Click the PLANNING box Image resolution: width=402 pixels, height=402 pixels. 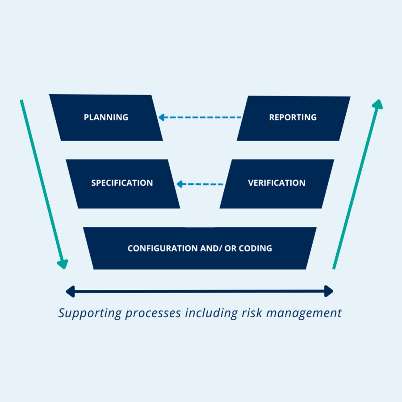coord(106,117)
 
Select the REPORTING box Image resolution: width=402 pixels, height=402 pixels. coord(293,117)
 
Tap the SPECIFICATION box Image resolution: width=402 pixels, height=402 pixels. coord(122,183)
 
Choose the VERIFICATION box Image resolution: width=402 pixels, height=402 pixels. coord(276,183)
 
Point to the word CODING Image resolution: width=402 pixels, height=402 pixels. coord(255,248)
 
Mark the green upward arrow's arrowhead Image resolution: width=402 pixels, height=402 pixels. coord(378,105)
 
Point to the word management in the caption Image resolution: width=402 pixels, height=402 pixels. coord(304,313)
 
